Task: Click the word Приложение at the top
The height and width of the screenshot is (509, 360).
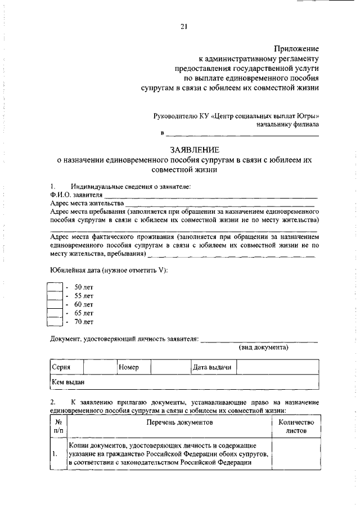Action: coord(296,49)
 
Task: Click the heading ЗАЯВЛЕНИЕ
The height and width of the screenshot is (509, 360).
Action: coord(192,150)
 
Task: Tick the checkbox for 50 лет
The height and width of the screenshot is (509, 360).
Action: coord(54,287)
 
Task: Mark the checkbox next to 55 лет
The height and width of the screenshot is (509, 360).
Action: coord(54,296)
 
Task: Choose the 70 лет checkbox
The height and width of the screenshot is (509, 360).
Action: coord(54,322)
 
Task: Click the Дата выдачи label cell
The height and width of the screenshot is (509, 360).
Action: coord(212,367)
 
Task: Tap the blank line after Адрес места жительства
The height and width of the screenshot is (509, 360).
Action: coord(219,204)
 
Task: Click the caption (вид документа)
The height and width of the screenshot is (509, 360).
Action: coord(264,348)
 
